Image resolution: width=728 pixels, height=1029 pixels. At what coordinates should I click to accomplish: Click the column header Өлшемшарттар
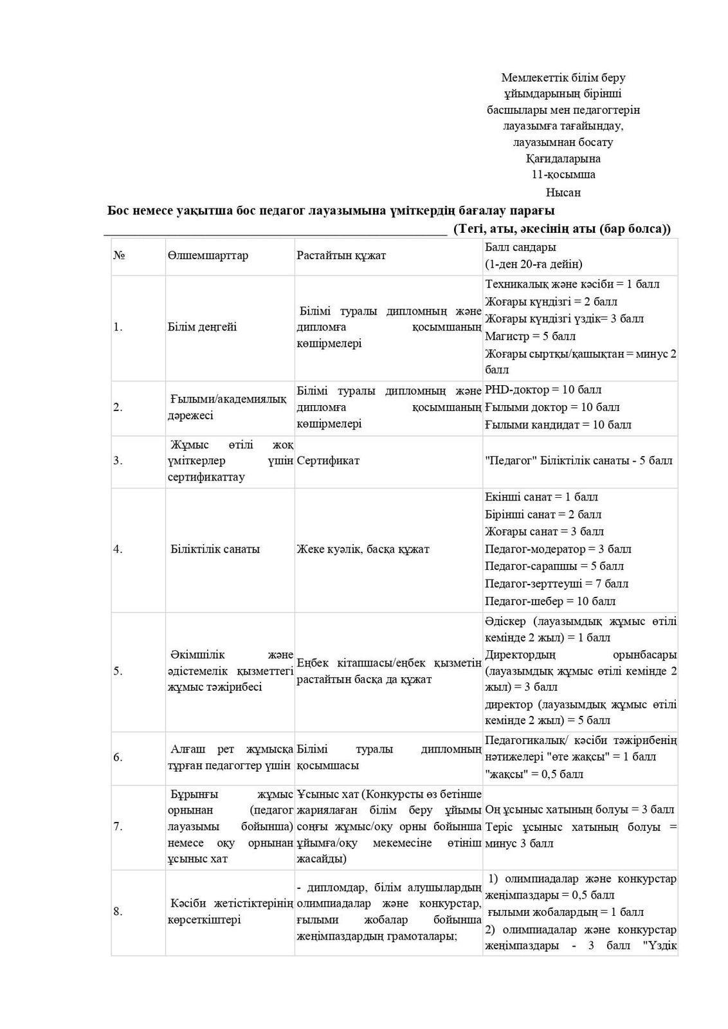point(207,255)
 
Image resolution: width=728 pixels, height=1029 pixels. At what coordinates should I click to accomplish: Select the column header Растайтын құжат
point(341,255)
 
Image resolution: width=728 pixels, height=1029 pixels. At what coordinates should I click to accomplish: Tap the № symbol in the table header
point(119,255)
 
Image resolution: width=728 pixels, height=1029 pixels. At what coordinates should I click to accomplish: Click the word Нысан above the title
point(563,192)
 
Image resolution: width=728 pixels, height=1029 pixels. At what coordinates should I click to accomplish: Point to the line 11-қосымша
point(563,174)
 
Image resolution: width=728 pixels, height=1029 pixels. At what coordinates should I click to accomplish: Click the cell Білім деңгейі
point(202,327)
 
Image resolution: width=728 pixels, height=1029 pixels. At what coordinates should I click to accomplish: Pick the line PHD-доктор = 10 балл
point(543,390)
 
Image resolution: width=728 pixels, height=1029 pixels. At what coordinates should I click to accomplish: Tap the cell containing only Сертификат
point(328,460)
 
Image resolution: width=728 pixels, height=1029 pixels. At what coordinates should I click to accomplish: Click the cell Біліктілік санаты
point(215,549)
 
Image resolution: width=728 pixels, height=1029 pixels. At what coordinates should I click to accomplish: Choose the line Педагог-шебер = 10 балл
point(550,601)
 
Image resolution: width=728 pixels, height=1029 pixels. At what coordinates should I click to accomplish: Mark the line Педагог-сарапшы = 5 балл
point(554,567)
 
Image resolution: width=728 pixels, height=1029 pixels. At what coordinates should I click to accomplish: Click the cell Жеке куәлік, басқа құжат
point(363,549)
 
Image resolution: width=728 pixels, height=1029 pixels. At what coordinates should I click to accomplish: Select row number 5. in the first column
point(118,671)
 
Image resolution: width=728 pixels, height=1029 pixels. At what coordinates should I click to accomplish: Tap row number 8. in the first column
point(118,911)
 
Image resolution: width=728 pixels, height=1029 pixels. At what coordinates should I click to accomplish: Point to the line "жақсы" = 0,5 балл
point(534,774)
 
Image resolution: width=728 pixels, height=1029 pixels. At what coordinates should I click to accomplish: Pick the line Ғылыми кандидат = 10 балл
point(558,424)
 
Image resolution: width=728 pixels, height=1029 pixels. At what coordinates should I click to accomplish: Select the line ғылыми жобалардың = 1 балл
point(565,912)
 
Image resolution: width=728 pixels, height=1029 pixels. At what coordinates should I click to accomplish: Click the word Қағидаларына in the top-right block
point(563,158)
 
